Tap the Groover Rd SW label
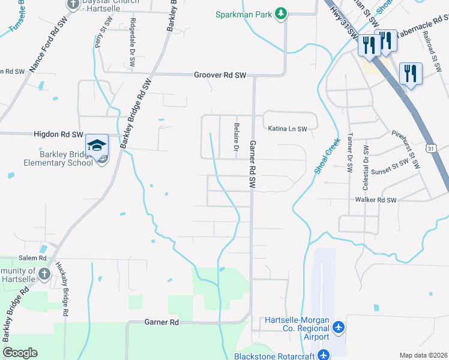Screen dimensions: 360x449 [220, 75]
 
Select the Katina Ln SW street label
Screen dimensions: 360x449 [287, 128]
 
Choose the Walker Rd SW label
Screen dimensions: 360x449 [376, 200]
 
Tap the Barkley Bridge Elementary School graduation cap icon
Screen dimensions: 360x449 [97, 145]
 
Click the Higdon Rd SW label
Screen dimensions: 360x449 [58, 134]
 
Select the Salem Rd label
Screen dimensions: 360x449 [32, 257]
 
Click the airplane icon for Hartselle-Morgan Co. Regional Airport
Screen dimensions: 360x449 [339, 328]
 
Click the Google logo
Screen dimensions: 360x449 [20, 353]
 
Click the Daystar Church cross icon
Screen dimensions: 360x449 [73, 5]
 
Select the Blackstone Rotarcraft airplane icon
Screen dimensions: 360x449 [324, 355]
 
